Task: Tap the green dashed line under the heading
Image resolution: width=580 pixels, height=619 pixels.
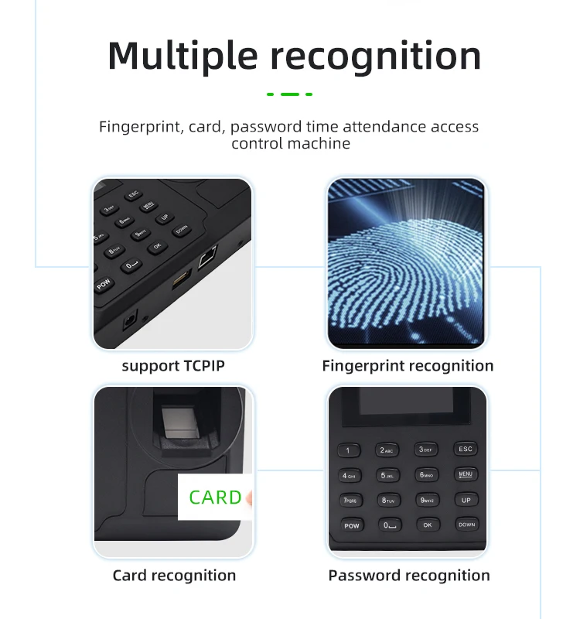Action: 289,94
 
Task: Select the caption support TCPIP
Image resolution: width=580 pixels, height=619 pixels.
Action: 173,366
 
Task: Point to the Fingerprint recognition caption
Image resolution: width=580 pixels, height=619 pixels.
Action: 408,366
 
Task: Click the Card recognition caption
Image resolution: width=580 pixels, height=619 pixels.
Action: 174,575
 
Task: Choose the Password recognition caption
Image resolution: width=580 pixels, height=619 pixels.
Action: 408,575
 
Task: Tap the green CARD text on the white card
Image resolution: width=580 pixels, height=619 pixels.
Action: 215,497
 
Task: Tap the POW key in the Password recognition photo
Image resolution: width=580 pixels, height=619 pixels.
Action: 351,526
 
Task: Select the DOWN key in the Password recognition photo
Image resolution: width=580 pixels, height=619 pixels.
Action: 466,525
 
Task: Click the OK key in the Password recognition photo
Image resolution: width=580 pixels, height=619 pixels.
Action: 427,525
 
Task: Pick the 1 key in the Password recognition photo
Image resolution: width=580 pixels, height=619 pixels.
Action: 348,450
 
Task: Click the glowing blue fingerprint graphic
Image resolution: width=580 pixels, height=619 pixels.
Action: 402,263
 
